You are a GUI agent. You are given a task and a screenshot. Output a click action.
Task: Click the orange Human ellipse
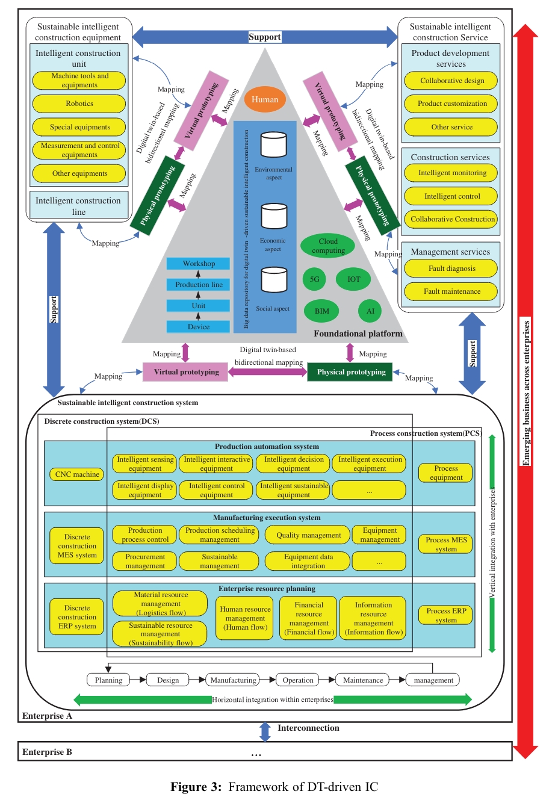[265, 99]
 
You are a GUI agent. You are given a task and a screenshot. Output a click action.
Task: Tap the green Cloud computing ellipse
[328, 246]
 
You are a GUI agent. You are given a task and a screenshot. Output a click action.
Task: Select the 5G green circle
[314, 279]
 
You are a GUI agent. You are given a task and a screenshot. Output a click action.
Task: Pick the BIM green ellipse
[322, 311]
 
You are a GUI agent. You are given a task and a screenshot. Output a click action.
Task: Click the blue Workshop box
[198, 264]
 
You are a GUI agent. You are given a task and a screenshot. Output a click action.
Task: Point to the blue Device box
[198, 327]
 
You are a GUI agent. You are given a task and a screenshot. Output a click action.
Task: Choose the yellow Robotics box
[79, 104]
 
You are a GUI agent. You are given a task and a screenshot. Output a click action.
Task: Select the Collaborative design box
[451, 81]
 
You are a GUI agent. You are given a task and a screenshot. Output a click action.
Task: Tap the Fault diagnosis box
[451, 268]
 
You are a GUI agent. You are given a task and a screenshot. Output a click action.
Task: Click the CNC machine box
[77, 474]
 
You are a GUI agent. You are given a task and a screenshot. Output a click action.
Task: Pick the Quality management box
[308, 535]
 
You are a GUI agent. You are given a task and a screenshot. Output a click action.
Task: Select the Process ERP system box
[446, 615]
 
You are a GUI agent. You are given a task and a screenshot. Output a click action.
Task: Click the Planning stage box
[108, 680]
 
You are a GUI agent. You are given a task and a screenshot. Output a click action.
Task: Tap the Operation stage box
[298, 680]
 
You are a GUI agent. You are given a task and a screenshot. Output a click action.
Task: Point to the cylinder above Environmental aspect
[273, 145]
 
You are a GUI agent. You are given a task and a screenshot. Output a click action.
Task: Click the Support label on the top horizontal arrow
[264, 37]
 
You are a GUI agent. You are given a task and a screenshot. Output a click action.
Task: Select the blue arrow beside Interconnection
[265, 731]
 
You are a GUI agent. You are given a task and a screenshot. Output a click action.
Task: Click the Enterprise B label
[47, 752]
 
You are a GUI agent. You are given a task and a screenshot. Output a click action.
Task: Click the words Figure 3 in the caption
[196, 787]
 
